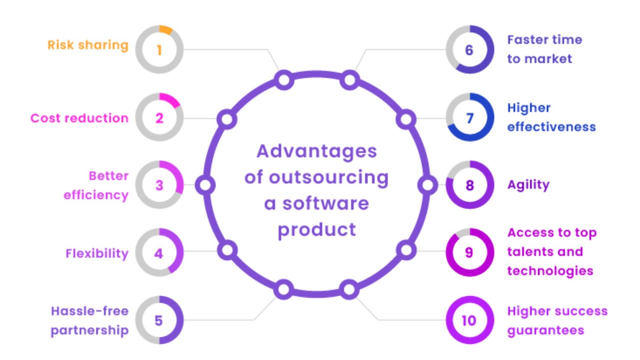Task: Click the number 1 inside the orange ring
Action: coord(159,50)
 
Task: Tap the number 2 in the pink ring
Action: coord(159,118)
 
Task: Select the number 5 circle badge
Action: coord(159,320)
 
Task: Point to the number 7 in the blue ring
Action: coord(470,118)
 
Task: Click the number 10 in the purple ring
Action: coord(469,320)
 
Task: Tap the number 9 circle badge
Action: coord(469,252)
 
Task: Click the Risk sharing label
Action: coord(88,45)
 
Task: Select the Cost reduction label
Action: coord(79,118)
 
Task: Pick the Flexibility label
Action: coord(97,253)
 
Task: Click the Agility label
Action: coord(528,185)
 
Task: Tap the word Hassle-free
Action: coord(90,311)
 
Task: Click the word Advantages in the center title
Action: coord(316,151)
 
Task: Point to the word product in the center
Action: coord(316,230)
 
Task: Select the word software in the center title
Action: coord(325,203)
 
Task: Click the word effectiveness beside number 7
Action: coord(551,127)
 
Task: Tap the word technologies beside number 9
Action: coord(550,271)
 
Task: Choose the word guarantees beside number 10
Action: coord(546,330)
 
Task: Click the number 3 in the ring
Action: coord(159,185)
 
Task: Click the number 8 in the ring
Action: coord(470,185)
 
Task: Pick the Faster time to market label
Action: coord(544,49)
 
